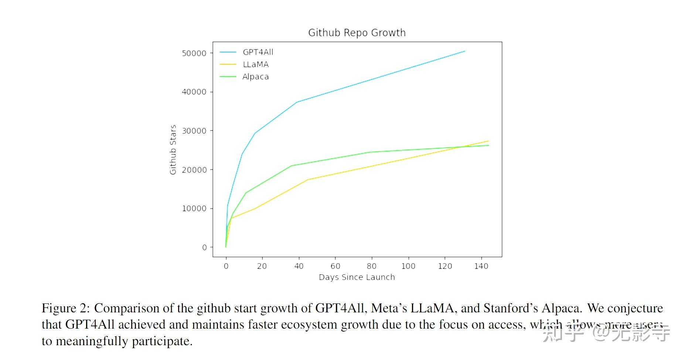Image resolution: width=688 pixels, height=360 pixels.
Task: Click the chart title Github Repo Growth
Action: (357, 33)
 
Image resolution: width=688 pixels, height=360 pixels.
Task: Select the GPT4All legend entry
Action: (258, 52)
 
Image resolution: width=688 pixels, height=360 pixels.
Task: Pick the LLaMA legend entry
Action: (255, 64)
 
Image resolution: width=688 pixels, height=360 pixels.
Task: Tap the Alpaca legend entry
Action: (255, 77)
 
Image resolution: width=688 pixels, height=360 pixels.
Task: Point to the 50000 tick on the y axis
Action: (194, 54)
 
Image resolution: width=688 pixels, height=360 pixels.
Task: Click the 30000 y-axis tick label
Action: (194, 131)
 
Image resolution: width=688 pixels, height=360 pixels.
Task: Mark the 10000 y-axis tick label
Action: (194, 209)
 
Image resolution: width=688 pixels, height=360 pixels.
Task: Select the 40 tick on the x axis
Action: (299, 266)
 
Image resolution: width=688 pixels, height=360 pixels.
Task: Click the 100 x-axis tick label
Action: (408, 266)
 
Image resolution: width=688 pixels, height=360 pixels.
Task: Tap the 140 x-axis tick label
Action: (481, 266)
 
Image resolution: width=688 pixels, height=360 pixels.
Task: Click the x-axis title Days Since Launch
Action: (357, 277)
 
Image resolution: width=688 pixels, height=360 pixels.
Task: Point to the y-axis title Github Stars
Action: (173, 150)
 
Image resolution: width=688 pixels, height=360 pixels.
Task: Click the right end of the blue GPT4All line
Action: (464, 51)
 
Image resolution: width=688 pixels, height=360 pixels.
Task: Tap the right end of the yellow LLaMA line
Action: (488, 141)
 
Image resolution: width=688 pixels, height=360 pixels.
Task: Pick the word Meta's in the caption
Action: (389, 308)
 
